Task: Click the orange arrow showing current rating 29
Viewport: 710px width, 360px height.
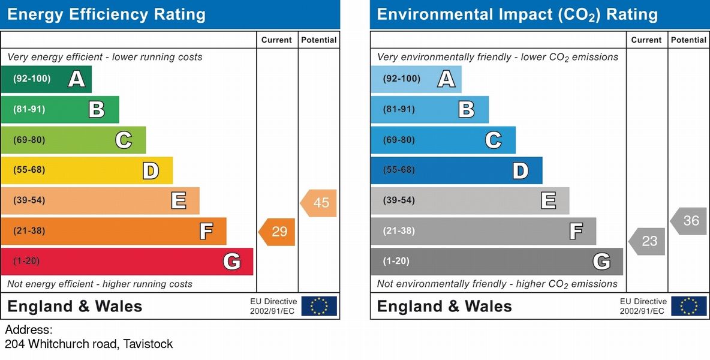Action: [x=278, y=232]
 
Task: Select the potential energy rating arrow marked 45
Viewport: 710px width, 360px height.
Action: [x=319, y=203]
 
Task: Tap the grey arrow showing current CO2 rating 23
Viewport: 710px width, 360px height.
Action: [x=648, y=241]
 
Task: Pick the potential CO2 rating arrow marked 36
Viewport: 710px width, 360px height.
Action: [x=689, y=221]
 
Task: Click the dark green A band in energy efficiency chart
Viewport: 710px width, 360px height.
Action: [x=46, y=79]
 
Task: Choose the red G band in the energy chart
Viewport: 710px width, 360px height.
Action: [x=126, y=262]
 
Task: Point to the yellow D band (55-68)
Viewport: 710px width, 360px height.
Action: [x=86, y=170]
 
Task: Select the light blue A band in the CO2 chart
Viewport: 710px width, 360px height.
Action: [x=416, y=79]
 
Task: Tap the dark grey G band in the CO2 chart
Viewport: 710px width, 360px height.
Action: [x=497, y=262]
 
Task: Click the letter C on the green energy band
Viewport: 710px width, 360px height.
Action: [x=124, y=140]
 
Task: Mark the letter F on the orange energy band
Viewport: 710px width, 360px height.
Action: [x=206, y=231]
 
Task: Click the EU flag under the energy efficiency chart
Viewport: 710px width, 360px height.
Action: [x=319, y=306]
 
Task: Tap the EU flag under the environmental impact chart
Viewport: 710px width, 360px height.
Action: [x=689, y=306]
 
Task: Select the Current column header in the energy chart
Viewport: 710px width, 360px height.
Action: [x=276, y=40]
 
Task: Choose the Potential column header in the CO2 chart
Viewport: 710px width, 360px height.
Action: [x=688, y=40]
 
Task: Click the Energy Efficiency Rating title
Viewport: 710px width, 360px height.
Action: [x=106, y=14]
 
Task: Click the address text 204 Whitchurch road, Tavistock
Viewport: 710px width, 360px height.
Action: [x=89, y=344]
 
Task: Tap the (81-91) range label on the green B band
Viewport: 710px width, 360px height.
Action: [x=29, y=109]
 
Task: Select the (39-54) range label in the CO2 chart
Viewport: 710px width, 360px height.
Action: [x=399, y=200]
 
